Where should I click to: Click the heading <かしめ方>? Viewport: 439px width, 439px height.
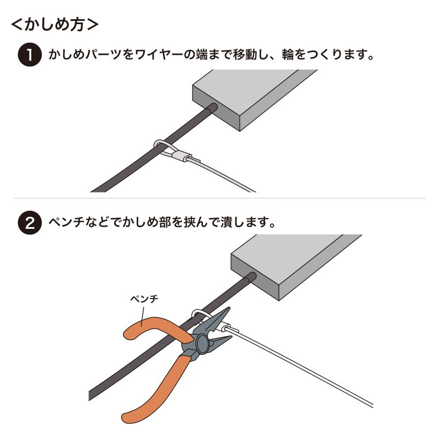click(55, 25)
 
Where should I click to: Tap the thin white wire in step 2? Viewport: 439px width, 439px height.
click(307, 373)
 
